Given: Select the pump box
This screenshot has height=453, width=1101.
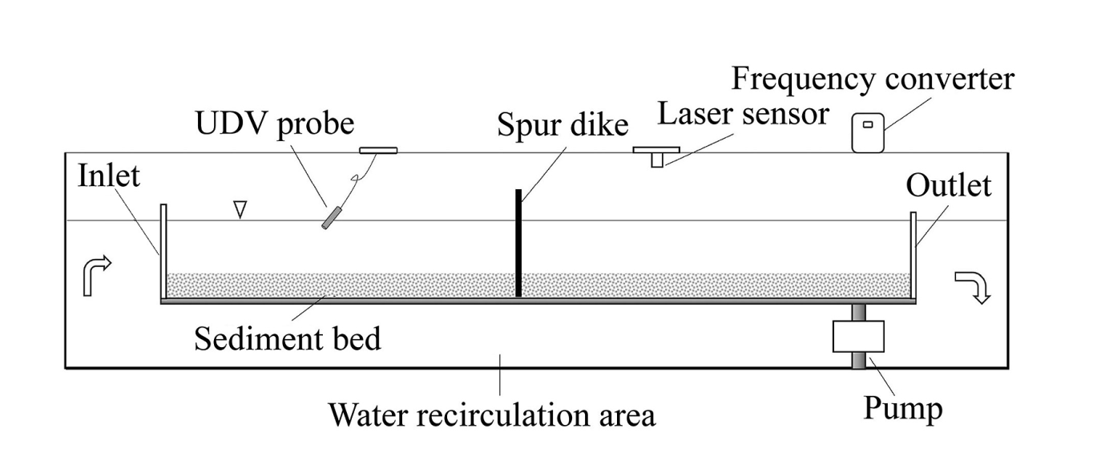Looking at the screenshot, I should [859, 337].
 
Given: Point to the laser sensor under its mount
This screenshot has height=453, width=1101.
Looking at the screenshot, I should [657, 160].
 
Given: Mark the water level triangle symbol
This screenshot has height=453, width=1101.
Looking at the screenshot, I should [238, 209].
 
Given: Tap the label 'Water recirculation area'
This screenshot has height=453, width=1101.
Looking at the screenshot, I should [492, 415].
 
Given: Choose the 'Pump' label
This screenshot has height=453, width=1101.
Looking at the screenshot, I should [903, 409].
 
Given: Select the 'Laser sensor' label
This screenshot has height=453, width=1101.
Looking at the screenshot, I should [743, 114].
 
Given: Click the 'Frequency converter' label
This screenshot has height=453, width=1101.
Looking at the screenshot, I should [873, 79].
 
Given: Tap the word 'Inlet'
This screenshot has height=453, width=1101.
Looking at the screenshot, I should [109, 176].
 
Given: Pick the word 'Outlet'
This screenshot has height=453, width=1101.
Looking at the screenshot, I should [949, 186].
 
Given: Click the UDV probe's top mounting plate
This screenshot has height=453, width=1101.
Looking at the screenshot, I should [378, 149].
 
